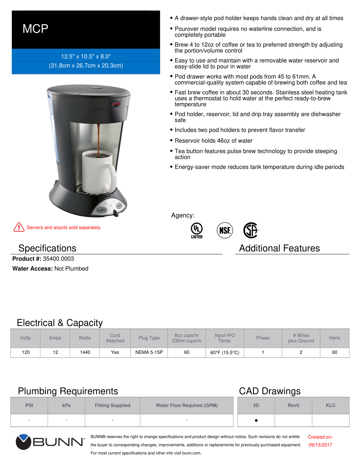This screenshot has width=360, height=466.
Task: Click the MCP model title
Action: (35, 29)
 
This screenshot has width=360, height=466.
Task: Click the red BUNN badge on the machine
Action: (116, 104)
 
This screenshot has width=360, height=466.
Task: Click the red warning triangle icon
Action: (19, 227)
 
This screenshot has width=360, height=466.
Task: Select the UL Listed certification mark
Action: (197, 230)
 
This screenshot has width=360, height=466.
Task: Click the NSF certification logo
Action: (225, 230)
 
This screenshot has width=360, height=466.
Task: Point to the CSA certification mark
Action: (251, 230)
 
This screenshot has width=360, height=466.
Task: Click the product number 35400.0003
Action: (58, 259)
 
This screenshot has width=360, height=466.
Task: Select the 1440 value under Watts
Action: (85, 352)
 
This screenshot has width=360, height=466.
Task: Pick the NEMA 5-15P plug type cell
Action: (149, 352)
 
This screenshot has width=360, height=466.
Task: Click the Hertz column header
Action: (335, 338)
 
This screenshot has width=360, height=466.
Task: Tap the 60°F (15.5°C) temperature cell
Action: (225, 352)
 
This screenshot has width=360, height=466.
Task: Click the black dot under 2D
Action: (256, 420)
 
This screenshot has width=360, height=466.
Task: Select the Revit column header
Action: (293, 405)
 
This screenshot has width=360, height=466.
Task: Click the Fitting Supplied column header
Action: (112, 405)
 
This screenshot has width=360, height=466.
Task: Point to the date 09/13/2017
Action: (320, 445)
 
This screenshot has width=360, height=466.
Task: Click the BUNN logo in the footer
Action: (50, 442)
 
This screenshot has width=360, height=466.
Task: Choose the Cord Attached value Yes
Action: (115, 352)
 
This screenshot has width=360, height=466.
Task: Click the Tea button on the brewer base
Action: (119, 206)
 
